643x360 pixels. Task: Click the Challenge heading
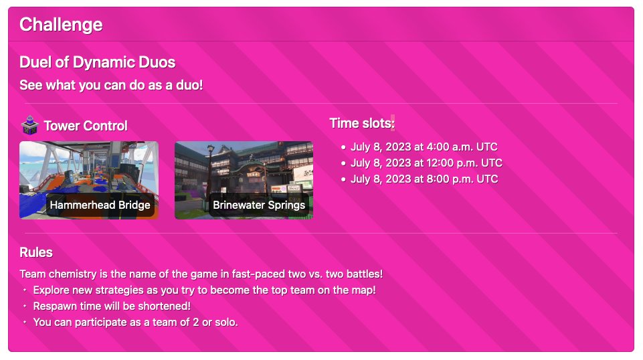coord(61,25)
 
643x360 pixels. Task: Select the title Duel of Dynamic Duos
coord(97,62)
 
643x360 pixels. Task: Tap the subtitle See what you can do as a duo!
coord(111,85)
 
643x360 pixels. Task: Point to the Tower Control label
coord(85,126)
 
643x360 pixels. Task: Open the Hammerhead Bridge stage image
coord(88,167)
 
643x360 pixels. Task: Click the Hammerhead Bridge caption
coord(100,205)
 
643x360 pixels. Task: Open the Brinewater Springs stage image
coord(244,167)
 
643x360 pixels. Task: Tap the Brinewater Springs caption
coord(258,205)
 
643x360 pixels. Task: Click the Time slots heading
coord(361,123)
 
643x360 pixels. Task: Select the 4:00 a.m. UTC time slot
coord(424,147)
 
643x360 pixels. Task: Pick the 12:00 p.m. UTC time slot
coord(426,163)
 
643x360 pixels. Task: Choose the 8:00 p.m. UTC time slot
coord(424,179)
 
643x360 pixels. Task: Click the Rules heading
coord(36,252)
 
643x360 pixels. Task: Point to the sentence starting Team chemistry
coord(201,274)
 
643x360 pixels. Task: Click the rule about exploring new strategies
coord(204,290)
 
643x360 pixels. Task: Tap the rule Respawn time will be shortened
coord(112,306)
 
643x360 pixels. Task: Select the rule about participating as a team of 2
coord(135,322)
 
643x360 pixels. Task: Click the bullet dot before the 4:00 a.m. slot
coord(343,147)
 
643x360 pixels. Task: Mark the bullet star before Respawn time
coord(25,306)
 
